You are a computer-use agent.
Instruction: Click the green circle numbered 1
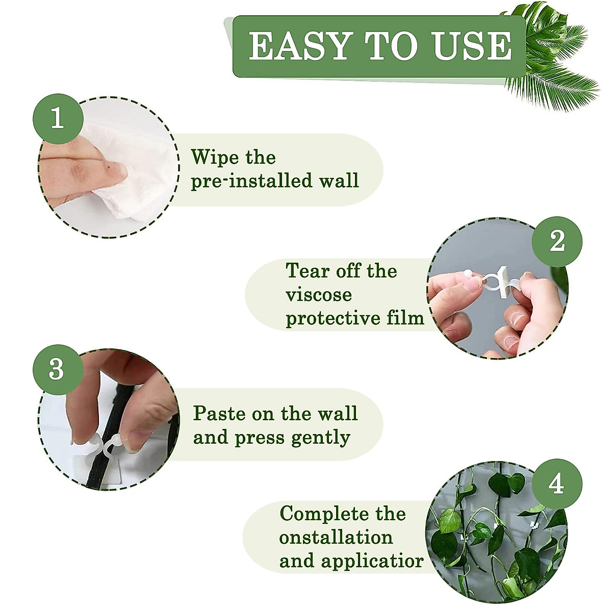pyautogui.click(x=57, y=118)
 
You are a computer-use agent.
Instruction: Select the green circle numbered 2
pyautogui.click(x=556, y=241)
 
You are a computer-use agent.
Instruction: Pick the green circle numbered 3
pyautogui.click(x=57, y=368)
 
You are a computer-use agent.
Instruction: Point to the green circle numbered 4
pyautogui.click(x=556, y=483)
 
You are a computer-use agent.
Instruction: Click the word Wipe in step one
pyautogui.click(x=212, y=158)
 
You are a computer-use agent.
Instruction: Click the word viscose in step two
pyautogui.click(x=319, y=295)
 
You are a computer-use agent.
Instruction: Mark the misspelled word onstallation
pyautogui.click(x=336, y=538)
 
